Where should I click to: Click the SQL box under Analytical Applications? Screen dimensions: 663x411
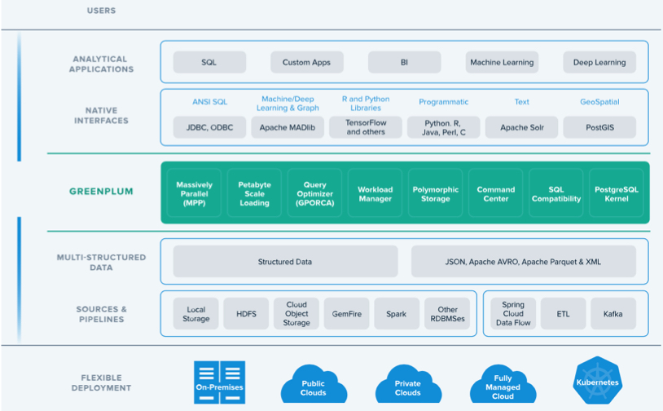point(209,62)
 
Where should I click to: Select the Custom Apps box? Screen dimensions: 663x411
point(306,62)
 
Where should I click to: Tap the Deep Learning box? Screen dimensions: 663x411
point(599,62)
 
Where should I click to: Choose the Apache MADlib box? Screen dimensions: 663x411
point(288,127)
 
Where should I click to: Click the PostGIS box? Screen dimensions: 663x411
point(599,127)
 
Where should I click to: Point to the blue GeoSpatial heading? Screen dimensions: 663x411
point(599,102)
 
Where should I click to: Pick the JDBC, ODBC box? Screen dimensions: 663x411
point(209,127)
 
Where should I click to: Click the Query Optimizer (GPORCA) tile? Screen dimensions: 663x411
point(314,193)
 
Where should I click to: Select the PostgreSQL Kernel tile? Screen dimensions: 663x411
point(616,193)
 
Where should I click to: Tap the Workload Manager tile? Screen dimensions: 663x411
point(375,193)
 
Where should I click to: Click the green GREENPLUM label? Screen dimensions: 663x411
point(101,192)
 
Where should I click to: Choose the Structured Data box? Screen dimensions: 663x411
point(285,262)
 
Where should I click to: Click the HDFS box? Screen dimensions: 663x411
point(246,314)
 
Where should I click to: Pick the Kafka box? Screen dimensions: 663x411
point(613,314)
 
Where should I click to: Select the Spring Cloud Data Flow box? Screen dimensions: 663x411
point(513,314)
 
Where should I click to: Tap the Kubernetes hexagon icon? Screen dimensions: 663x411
point(598,380)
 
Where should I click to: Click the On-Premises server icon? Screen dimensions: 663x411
point(219,382)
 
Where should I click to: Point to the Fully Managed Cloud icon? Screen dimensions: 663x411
point(503,384)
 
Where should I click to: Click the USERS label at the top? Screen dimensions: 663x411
point(101,11)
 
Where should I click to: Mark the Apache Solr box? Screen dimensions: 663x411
point(522,127)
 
